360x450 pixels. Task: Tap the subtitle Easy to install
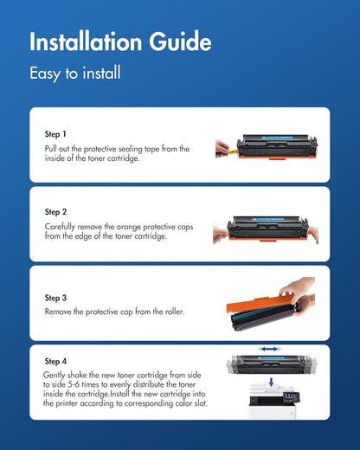click(x=75, y=74)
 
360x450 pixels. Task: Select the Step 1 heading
click(x=55, y=135)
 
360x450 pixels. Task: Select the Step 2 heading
click(x=55, y=211)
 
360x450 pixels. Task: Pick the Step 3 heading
click(x=55, y=298)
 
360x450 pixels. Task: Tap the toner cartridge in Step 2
click(x=270, y=229)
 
